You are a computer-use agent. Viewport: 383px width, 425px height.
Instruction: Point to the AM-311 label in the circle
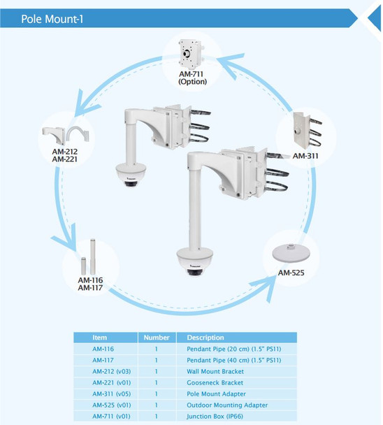click(305, 156)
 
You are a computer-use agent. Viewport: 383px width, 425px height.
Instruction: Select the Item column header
click(100, 338)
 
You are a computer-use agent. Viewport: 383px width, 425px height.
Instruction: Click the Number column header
click(157, 338)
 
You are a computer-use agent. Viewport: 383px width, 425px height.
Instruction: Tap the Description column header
click(205, 338)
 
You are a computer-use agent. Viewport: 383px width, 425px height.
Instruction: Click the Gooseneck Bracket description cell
click(215, 382)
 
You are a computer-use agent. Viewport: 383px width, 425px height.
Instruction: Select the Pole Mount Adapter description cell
click(216, 394)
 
